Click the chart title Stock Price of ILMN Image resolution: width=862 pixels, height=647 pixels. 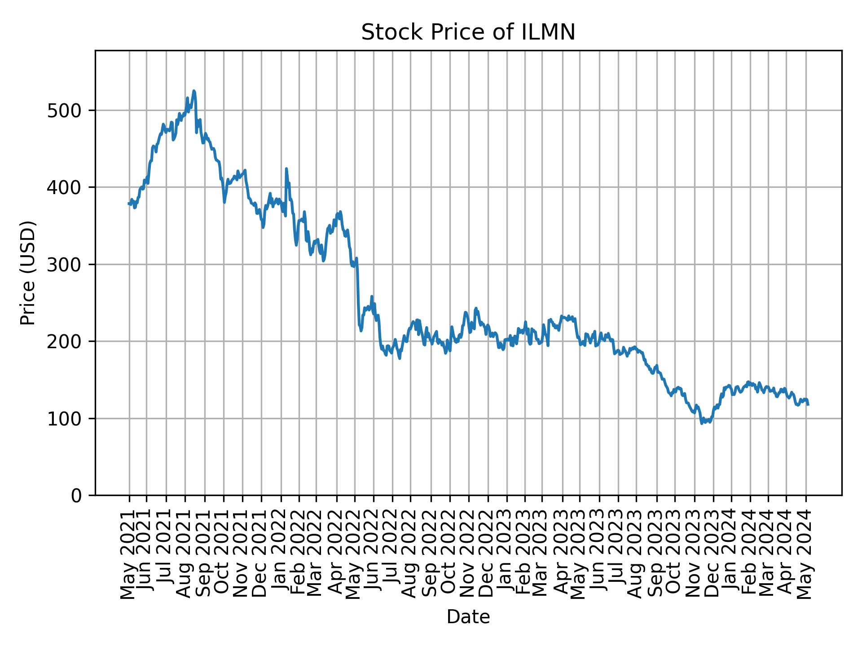click(x=468, y=32)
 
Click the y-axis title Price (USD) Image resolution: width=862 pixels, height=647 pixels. click(x=28, y=273)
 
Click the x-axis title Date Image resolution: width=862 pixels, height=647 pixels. click(x=468, y=617)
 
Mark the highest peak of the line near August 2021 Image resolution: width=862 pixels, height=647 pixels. click(x=194, y=91)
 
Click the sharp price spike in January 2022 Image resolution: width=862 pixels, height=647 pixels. click(x=286, y=169)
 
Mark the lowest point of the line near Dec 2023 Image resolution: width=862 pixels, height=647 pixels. click(x=702, y=423)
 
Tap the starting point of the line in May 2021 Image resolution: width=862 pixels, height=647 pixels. click(x=129, y=204)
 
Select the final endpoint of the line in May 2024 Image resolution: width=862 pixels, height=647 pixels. click(x=808, y=405)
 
